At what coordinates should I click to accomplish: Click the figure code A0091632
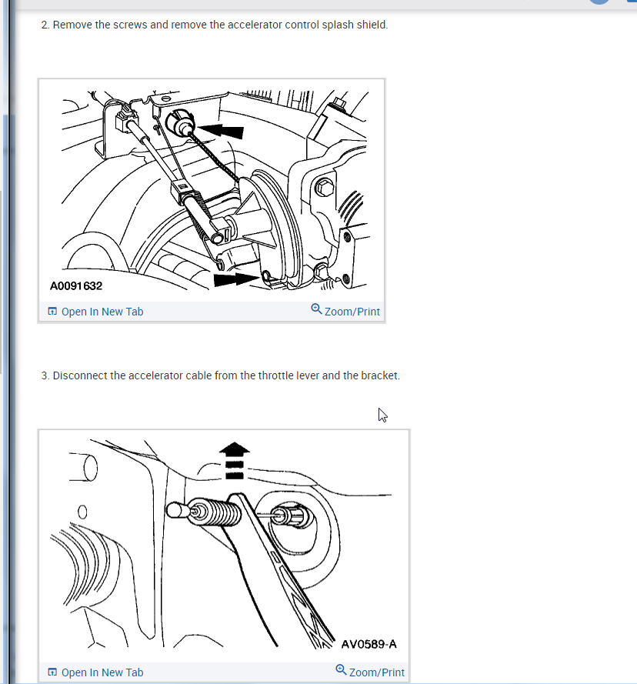76,286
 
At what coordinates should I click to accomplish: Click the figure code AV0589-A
369,644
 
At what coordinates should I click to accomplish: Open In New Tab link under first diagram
95,312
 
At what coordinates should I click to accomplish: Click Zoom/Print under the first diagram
345,311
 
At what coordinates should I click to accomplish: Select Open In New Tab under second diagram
95,672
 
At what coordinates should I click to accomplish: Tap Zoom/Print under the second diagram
370,672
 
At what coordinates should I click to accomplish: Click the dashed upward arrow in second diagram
235,461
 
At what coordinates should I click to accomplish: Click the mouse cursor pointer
382,415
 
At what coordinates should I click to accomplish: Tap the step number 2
45,25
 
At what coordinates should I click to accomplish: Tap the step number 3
45,375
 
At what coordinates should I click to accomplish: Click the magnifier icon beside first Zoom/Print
316,309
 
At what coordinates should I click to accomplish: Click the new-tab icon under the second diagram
52,672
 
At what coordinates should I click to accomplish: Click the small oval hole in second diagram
82,512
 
